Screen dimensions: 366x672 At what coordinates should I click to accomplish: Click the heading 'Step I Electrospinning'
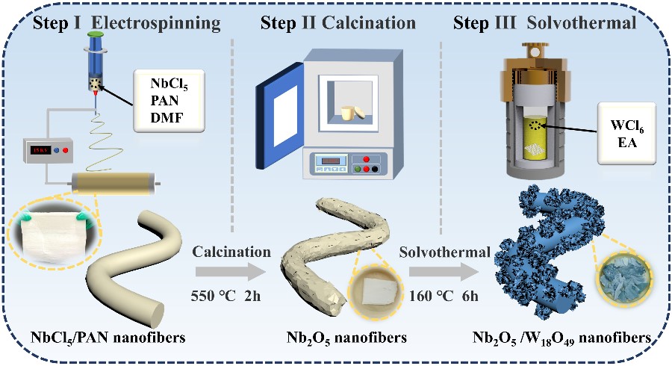click(x=126, y=23)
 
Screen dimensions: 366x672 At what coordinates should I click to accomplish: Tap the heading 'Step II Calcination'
click(x=337, y=23)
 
